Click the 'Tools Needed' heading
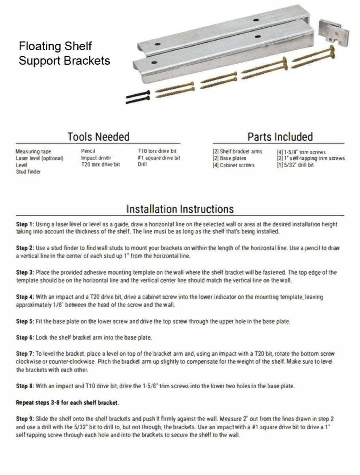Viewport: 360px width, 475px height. coord(98,137)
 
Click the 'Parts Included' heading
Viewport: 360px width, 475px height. coord(280,137)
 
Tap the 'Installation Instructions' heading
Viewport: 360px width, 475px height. coord(180,209)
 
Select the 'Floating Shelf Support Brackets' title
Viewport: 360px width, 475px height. coord(64,54)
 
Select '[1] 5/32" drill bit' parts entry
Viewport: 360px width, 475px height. coord(295,165)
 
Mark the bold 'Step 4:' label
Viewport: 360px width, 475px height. coord(25,296)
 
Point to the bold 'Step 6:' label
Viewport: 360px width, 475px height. coord(25,338)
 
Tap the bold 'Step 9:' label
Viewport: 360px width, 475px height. coord(25,418)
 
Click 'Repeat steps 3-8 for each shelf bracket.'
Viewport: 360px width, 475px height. coord(67,403)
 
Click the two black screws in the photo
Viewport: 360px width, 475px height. coord(137,97)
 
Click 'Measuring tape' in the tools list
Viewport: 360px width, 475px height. coord(33,151)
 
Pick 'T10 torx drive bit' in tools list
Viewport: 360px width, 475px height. coord(156,151)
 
